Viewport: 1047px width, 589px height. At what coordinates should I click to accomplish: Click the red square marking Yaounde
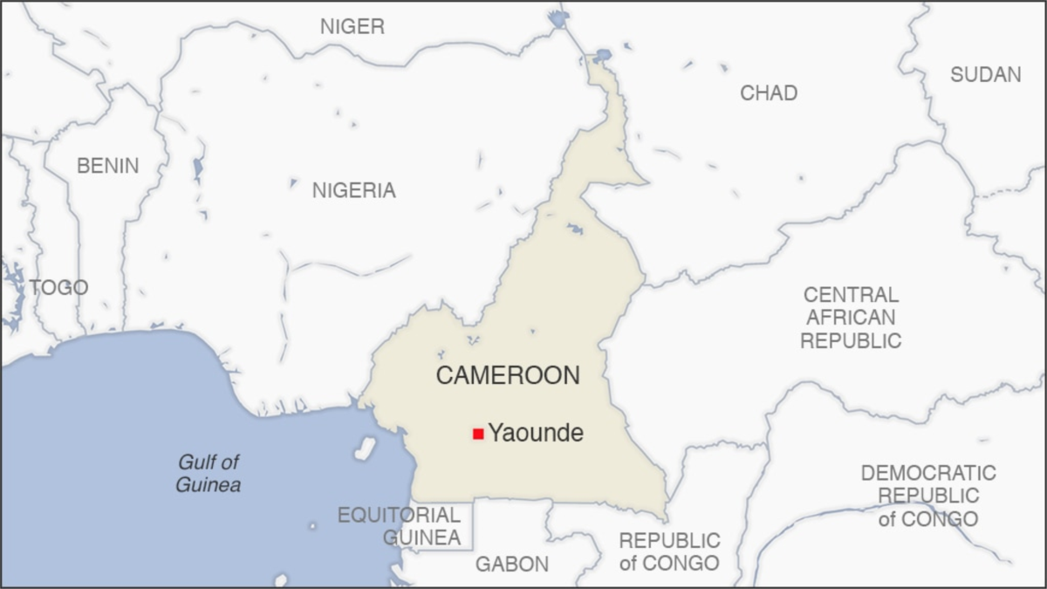pos(478,434)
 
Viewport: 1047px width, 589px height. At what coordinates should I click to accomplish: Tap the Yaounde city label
pos(535,433)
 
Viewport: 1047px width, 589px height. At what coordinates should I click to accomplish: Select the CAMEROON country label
pos(508,376)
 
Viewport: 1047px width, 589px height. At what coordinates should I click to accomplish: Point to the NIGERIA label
pos(353,190)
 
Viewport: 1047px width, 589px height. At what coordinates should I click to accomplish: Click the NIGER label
pos(352,27)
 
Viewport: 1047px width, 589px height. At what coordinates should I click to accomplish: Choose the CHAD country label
pos(768,93)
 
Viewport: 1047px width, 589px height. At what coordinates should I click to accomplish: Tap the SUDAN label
pos(985,75)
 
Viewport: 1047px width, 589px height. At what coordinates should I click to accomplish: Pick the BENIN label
pos(107,166)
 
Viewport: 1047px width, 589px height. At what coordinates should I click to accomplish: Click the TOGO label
pos(58,287)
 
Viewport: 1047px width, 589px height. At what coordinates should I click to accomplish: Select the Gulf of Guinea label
pos(209,474)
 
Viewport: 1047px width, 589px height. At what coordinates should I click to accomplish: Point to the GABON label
pos(512,565)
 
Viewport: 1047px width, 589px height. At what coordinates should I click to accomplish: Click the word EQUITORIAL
pos(399,515)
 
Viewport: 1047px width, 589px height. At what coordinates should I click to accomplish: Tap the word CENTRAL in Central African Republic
pos(851,295)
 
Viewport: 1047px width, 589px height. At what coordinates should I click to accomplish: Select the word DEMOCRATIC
pos(927,474)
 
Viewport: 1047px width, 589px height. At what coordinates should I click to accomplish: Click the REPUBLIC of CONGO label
pos(669,551)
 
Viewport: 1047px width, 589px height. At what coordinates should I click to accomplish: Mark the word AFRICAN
pos(851,318)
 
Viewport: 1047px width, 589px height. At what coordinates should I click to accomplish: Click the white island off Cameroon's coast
pos(365,449)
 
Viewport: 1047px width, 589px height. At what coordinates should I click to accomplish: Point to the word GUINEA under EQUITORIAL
pos(421,538)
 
